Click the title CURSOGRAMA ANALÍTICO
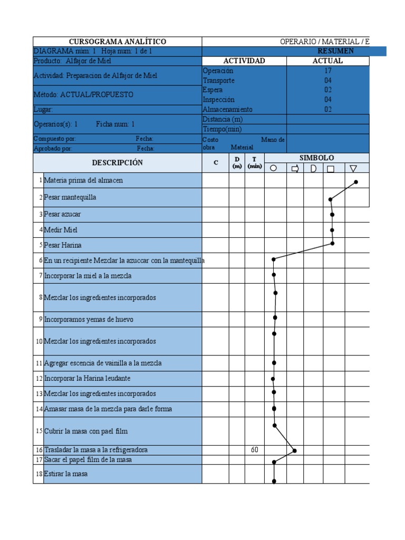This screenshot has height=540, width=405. (118, 42)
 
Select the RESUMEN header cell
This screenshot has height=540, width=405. (335, 51)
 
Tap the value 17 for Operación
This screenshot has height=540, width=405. (328, 71)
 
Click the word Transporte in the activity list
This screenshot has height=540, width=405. (219, 81)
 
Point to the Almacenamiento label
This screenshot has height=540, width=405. (227, 110)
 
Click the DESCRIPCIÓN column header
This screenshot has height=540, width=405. (117, 163)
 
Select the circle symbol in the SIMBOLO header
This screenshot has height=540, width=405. (273, 169)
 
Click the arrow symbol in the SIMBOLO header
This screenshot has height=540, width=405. (295, 169)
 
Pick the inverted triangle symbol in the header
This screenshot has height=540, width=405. (353, 169)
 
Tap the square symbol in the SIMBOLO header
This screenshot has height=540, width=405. (331, 169)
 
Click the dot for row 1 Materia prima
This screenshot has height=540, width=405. (356, 182)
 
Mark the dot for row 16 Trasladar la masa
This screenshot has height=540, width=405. (295, 450)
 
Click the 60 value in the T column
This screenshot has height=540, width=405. (254, 450)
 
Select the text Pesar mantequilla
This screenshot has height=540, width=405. (70, 198)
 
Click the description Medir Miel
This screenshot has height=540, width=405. (61, 230)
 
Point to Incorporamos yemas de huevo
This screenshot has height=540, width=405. (89, 319)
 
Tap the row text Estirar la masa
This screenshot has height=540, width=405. (66, 474)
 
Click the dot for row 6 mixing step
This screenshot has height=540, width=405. (274, 259)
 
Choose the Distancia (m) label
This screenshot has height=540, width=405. (223, 120)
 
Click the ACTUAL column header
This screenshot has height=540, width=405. (327, 61)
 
